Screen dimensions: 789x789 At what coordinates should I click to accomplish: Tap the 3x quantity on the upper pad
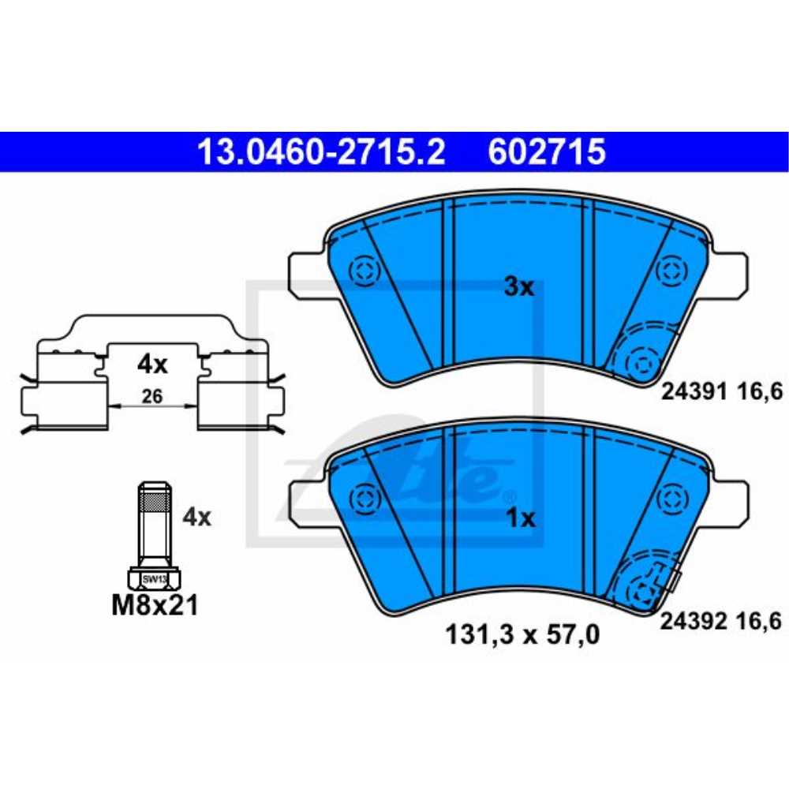519,287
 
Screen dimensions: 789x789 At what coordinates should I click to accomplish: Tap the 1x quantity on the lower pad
519,518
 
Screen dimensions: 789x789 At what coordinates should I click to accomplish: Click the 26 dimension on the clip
151,398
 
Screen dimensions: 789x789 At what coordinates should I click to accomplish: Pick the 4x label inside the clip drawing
152,365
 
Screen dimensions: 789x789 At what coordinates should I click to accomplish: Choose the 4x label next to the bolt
196,517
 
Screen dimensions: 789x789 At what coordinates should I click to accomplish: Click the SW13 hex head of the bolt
153,579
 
